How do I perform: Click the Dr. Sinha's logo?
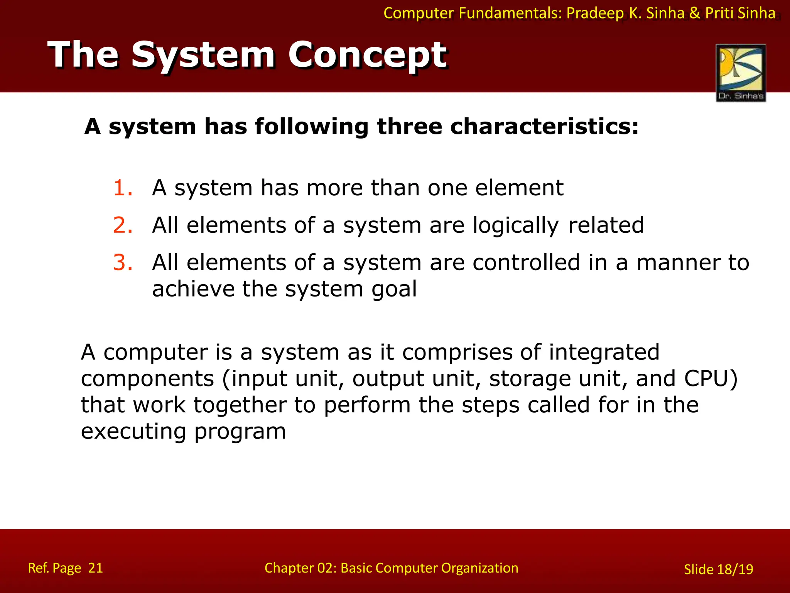coord(741,73)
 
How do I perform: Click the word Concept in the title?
coord(367,55)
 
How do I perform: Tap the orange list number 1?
coord(123,188)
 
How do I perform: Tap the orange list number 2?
coord(123,225)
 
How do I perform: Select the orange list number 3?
coord(123,263)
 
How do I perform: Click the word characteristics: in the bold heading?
coord(544,127)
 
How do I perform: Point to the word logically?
coord(515,226)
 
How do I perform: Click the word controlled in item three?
coord(526,263)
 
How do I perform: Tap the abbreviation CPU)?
coord(711,378)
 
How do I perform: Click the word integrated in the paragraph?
coord(604,352)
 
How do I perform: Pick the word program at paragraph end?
coord(240,432)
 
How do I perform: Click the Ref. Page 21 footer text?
coord(65,568)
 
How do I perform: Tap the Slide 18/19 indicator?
coord(718,569)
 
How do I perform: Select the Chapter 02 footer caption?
coord(391,568)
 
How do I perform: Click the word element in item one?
coord(519,188)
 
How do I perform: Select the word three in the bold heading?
coord(409,127)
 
